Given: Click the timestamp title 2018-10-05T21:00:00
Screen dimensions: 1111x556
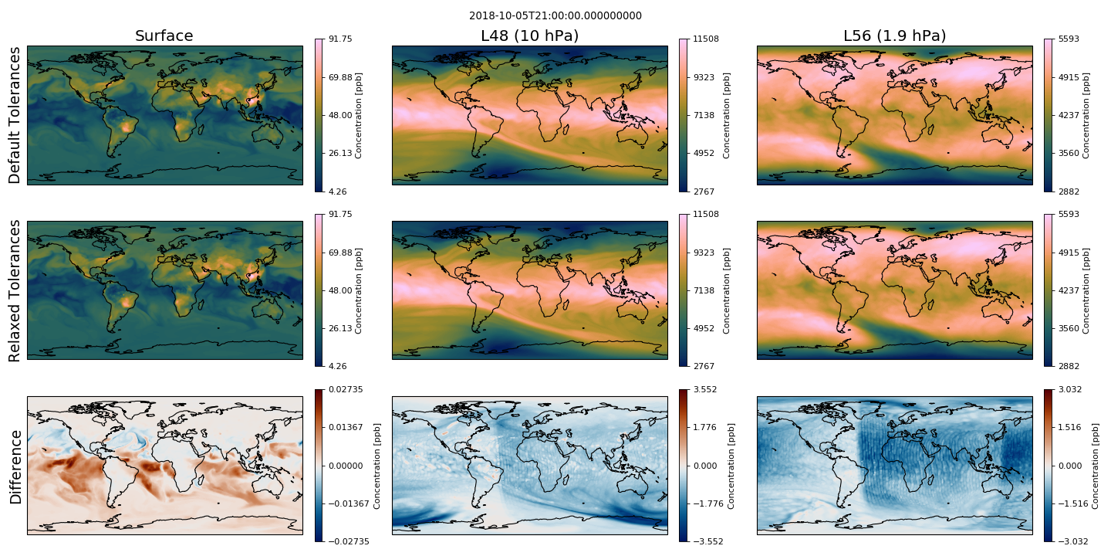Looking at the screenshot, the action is pos(555,16).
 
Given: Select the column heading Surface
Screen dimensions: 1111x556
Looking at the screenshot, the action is pos(164,36).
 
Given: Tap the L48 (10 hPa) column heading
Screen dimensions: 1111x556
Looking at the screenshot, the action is pos(530,36).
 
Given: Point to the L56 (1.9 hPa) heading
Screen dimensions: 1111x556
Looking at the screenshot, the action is pos(895,36).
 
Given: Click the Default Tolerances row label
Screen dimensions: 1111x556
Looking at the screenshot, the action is pos(15,115).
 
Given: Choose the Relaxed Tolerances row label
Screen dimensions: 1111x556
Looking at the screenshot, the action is pos(15,290).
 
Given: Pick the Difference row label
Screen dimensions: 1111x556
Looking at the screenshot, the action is pos(16,466).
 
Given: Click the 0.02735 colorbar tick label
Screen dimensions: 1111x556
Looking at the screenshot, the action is pos(345,389).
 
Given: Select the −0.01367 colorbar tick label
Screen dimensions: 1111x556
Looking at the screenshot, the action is pos(349,503).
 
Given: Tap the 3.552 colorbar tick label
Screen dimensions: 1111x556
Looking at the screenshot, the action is pos(705,389).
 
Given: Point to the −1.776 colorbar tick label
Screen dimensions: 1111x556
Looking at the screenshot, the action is pos(705,503).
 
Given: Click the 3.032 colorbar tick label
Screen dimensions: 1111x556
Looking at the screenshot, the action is pos(1070,389).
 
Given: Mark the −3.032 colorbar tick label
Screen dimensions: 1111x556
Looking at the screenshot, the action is pos(1070,541).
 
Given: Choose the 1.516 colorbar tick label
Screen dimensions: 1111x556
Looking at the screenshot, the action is pos(1070,427).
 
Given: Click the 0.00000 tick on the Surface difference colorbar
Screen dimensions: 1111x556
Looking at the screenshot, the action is pos(345,466).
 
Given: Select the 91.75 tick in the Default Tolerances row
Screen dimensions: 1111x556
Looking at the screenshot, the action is pos(340,39).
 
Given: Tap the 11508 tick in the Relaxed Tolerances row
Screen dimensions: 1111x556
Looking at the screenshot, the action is pos(706,214).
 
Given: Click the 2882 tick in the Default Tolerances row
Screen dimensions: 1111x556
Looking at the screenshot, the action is pos(1069,192).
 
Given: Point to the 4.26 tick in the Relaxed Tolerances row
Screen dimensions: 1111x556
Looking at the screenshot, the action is pos(337,366).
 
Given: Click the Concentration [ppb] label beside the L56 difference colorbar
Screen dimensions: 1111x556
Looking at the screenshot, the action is pos(1095,466).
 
